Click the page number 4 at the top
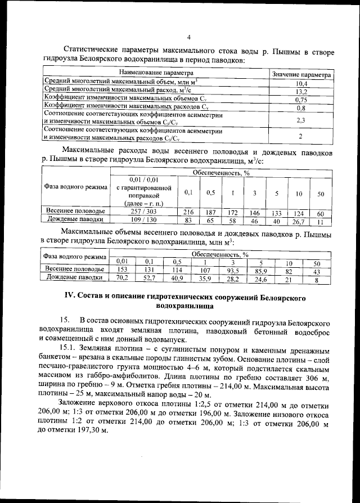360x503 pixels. (x=188, y=38)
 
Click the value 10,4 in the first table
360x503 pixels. (x=301, y=84)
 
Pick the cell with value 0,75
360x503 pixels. (x=301, y=100)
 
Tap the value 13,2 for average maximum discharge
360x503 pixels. (x=301, y=92)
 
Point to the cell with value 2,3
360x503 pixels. (x=301, y=120)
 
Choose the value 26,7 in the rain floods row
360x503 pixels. (x=299, y=221)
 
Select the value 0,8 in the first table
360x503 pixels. (x=301, y=107)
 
